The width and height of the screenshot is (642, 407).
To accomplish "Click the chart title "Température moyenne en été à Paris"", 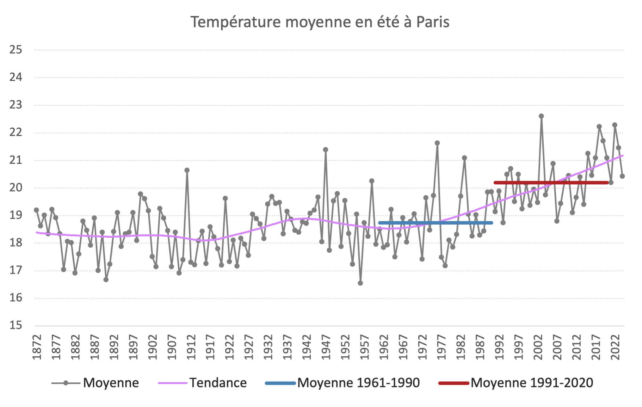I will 320,22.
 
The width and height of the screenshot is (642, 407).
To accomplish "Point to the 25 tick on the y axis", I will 16,50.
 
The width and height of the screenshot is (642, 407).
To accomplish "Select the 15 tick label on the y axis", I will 16,325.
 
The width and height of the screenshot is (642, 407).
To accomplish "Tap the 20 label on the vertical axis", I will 16,188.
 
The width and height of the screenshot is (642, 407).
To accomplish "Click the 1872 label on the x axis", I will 37,347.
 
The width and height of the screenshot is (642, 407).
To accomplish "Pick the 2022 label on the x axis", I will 615,347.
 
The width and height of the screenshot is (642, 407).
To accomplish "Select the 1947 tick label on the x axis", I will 326,347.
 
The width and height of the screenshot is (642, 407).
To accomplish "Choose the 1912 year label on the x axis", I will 191,347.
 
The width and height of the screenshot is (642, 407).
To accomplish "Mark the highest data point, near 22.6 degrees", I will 541,116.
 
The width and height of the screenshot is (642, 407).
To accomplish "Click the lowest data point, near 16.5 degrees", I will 360,283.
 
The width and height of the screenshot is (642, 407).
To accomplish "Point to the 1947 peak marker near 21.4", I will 325,150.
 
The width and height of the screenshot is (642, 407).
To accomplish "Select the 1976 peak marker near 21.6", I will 437,143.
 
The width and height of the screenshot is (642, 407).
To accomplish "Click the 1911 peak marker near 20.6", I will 187,170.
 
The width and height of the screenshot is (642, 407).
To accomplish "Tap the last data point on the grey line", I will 622,176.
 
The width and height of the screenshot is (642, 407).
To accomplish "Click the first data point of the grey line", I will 36,210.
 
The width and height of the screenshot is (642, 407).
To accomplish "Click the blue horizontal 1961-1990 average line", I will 435,223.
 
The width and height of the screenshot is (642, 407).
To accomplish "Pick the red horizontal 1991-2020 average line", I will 551,182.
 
